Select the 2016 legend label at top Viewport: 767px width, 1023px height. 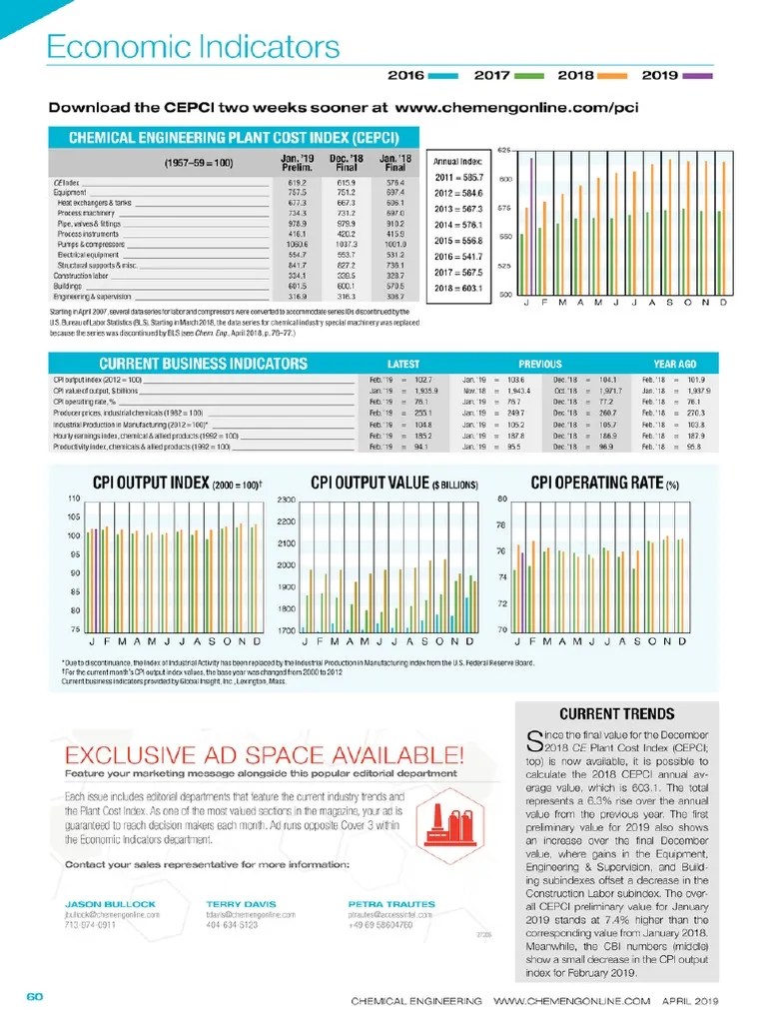pyautogui.click(x=405, y=75)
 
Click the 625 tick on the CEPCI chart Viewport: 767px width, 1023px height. pyautogui.click(x=505, y=151)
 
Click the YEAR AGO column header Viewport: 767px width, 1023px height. pyautogui.click(x=675, y=364)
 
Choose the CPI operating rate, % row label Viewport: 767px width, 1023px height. pyautogui.click(x=89, y=401)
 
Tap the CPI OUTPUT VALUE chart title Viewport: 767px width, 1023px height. pyautogui.click(x=394, y=484)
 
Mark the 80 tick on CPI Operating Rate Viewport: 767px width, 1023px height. pyautogui.click(x=503, y=499)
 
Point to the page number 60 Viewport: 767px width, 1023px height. pyautogui.click(x=34, y=997)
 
